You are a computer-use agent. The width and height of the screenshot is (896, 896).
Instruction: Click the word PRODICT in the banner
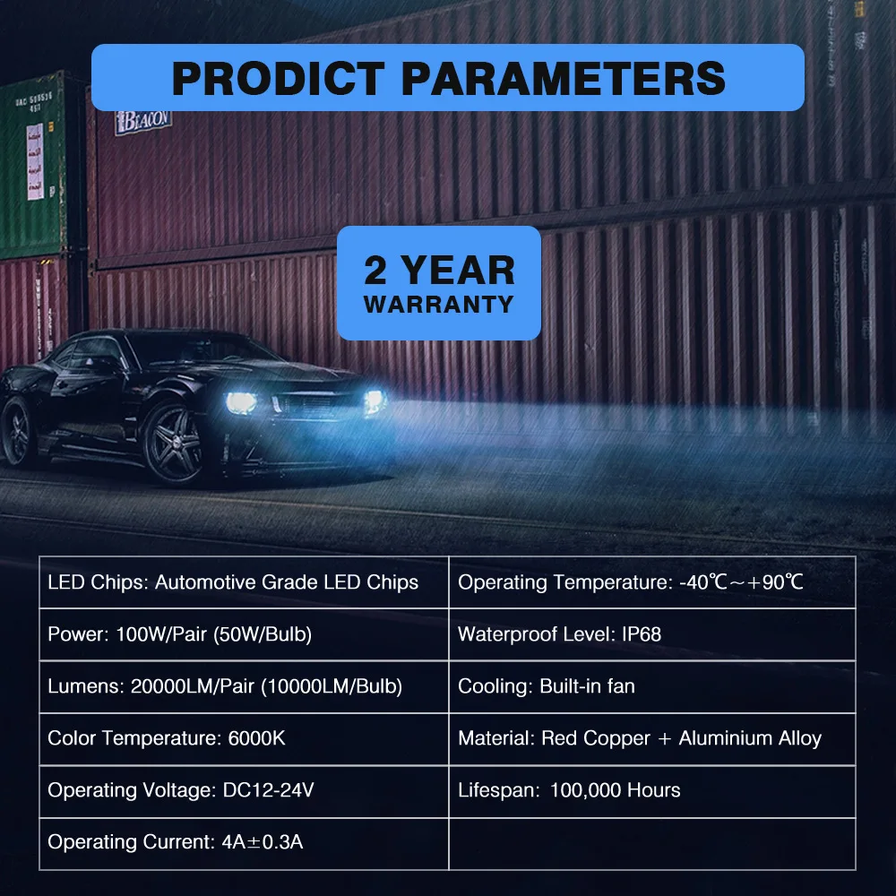(x=279, y=78)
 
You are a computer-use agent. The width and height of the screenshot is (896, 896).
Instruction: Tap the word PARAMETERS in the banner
(x=564, y=78)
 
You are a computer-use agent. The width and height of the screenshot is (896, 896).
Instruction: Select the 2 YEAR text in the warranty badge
(x=439, y=270)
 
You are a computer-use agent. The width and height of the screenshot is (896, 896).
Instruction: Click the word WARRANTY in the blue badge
(x=439, y=305)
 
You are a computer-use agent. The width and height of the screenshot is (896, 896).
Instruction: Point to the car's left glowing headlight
(x=241, y=402)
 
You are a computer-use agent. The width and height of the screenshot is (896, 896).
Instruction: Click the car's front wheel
(x=174, y=443)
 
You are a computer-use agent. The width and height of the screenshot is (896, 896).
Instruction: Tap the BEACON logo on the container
(x=142, y=121)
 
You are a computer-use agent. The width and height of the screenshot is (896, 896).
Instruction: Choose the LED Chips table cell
(x=244, y=582)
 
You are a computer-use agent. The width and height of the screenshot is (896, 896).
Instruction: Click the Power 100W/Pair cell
(x=244, y=634)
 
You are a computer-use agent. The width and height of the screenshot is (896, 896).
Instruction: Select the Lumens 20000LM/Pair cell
(x=244, y=686)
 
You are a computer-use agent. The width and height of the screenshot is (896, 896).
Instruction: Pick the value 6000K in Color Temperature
(x=256, y=738)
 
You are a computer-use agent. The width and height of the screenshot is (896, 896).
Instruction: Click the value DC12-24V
(x=269, y=790)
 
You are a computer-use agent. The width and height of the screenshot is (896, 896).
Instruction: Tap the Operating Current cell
(x=244, y=843)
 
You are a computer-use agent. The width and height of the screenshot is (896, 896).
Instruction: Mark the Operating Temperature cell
(x=652, y=582)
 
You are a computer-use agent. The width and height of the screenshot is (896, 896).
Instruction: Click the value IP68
(x=642, y=634)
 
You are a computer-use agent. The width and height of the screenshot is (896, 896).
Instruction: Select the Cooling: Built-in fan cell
(x=652, y=686)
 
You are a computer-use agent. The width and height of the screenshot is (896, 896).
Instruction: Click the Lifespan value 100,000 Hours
(x=616, y=790)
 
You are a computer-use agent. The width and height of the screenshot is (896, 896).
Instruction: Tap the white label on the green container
(x=35, y=161)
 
